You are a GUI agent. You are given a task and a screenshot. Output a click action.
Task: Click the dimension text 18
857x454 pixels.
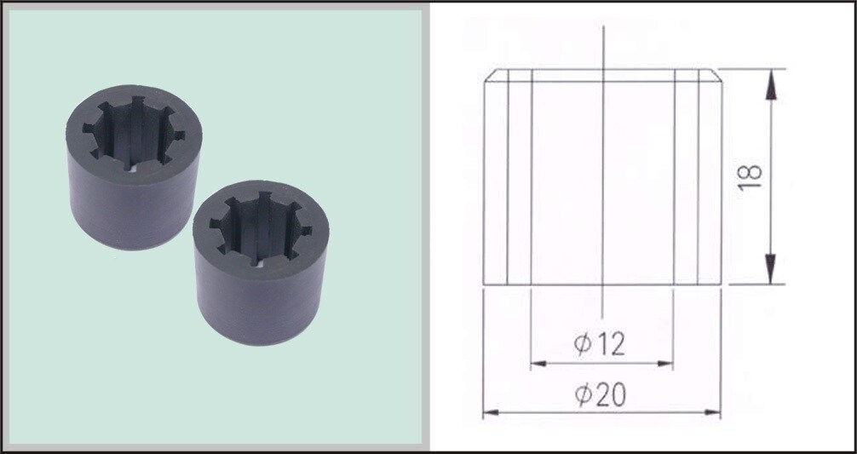(750, 175)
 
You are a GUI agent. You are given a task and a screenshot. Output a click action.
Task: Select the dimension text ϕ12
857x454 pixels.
(600, 344)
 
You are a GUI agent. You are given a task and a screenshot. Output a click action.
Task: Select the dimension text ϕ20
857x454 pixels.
(600, 394)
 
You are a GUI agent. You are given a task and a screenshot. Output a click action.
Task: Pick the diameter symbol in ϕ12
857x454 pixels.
(583, 344)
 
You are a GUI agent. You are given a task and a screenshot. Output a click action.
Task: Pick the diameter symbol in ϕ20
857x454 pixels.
(583, 394)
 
